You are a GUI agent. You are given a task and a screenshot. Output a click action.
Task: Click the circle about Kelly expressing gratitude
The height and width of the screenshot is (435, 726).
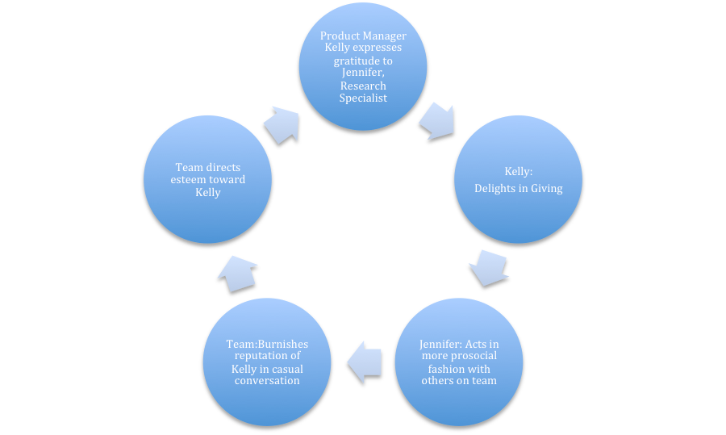click(363, 66)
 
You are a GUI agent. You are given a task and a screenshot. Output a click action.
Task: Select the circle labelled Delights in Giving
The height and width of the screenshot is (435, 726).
click(518, 179)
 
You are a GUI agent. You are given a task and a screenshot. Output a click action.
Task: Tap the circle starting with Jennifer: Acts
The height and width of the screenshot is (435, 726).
click(459, 362)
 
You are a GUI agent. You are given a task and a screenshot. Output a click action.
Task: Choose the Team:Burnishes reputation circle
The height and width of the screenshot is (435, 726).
click(267, 362)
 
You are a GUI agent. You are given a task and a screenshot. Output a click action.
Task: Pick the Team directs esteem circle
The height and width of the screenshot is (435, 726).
click(208, 179)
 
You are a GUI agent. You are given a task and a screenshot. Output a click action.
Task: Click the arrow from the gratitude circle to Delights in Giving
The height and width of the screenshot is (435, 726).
click(437, 121)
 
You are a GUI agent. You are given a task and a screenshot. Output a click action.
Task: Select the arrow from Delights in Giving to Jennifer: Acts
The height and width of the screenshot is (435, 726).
click(489, 268)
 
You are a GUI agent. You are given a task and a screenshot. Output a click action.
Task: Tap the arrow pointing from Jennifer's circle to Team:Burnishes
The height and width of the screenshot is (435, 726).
click(365, 362)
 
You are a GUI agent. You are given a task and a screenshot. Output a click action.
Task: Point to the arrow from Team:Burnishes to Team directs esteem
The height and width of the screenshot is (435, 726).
click(237, 274)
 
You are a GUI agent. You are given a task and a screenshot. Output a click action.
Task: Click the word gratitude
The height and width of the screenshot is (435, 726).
click(363, 61)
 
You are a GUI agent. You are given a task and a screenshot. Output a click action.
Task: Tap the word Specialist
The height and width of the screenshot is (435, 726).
click(363, 98)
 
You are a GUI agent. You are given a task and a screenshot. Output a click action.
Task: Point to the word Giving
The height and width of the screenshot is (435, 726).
click(547, 189)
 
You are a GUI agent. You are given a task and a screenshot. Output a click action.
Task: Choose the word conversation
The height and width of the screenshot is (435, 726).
click(267, 381)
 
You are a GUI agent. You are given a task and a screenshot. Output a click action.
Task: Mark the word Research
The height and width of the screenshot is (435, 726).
click(363, 86)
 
